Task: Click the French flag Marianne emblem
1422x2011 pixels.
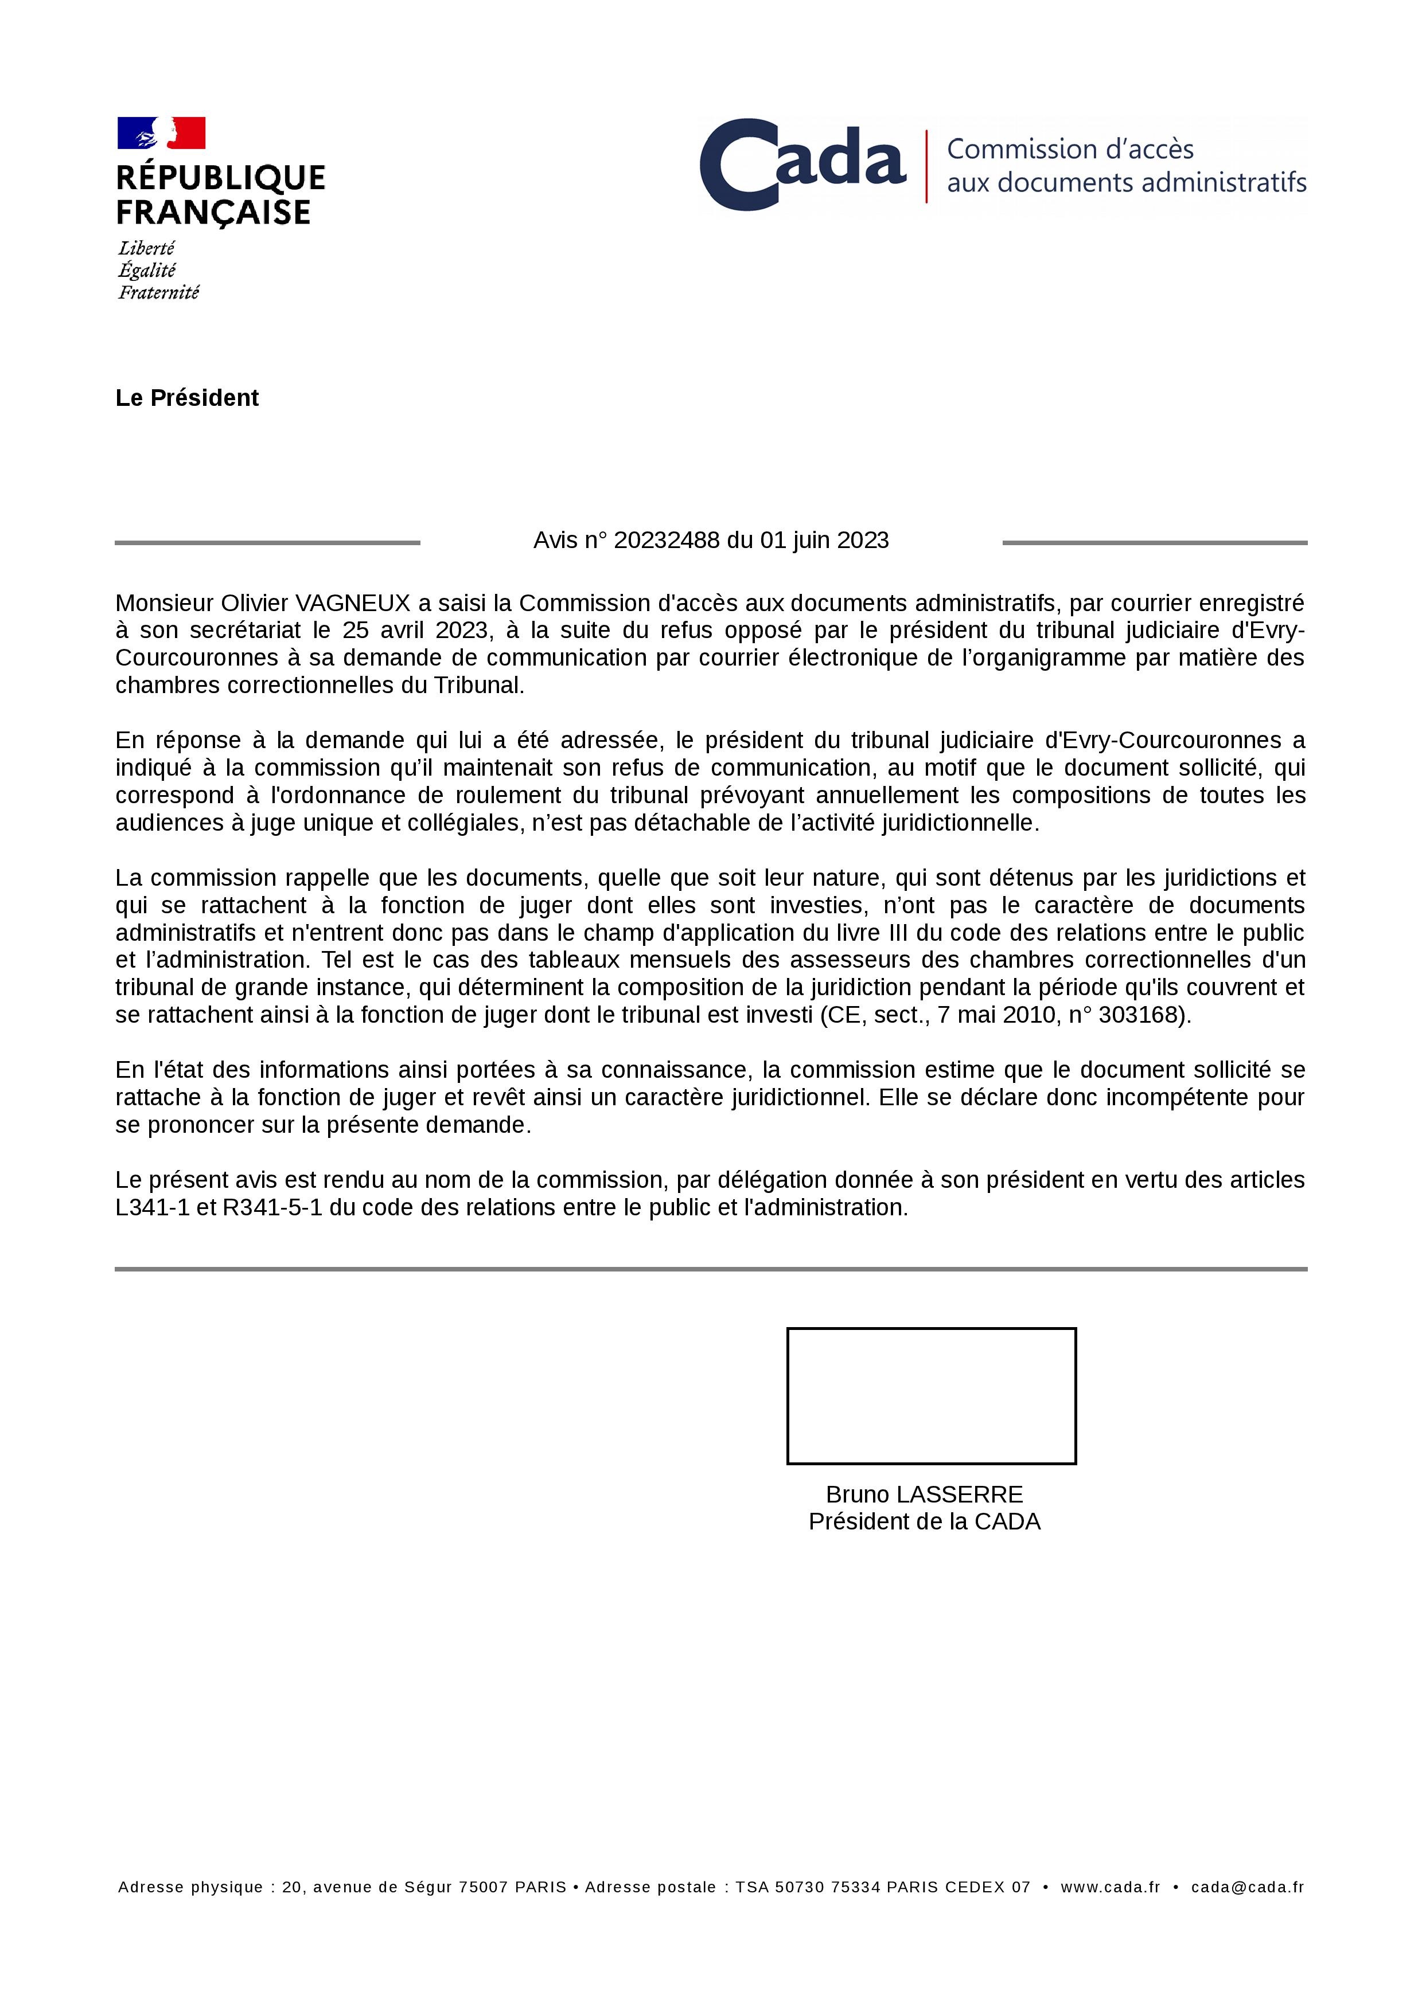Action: [161, 133]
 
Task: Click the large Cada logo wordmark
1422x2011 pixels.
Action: [802, 165]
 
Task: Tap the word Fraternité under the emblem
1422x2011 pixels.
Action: [158, 292]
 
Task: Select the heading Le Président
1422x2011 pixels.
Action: [186, 398]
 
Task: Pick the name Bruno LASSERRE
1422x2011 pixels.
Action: [924, 1494]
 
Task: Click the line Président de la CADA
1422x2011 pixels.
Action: [924, 1521]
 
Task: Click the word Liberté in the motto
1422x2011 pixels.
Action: [146, 249]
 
